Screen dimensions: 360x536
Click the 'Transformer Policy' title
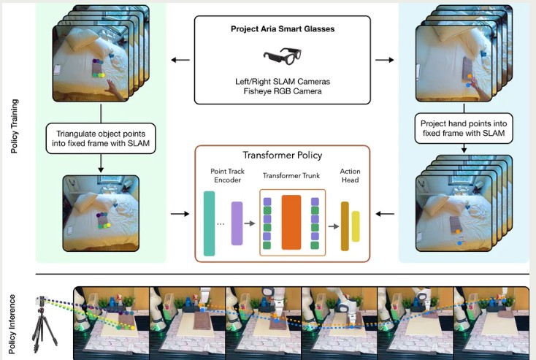point(282,156)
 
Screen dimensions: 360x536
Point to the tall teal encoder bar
point(210,223)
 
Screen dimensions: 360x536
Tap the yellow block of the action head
point(356,226)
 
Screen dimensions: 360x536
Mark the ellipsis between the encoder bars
point(221,223)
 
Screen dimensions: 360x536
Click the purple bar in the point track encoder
point(237,223)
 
